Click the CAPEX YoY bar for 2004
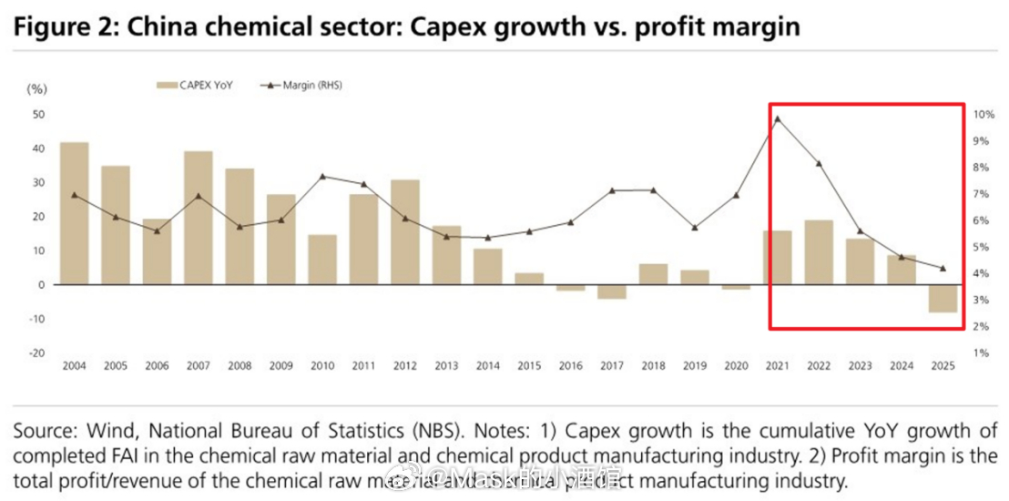click(74, 213)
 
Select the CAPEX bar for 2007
click(198, 218)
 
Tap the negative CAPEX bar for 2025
click(943, 298)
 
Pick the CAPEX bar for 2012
click(404, 231)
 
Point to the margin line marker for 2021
click(777, 118)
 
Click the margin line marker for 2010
click(322, 176)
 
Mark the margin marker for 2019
click(695, 228)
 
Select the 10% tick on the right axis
click(984, 115)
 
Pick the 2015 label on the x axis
click(529, 366)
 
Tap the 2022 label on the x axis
click(819, 366)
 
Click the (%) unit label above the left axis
click(36, 88)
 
